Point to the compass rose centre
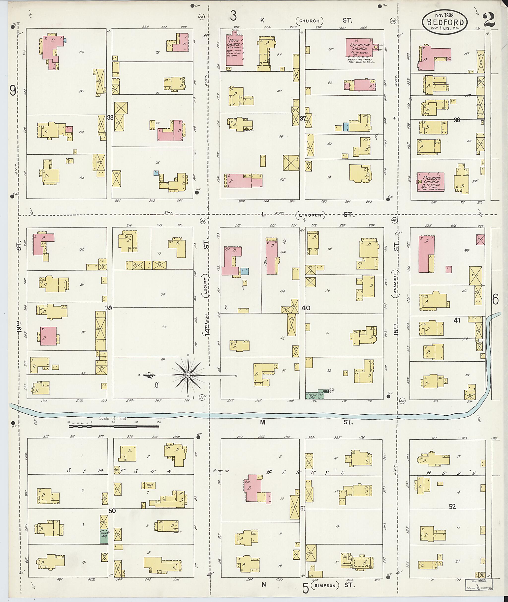click(188, 375)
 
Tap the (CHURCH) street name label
click(310, 21)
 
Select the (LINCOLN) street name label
click(311, 215)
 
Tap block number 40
click(306, 308)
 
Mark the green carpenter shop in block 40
click(315, 396)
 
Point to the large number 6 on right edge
click(495, 300)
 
